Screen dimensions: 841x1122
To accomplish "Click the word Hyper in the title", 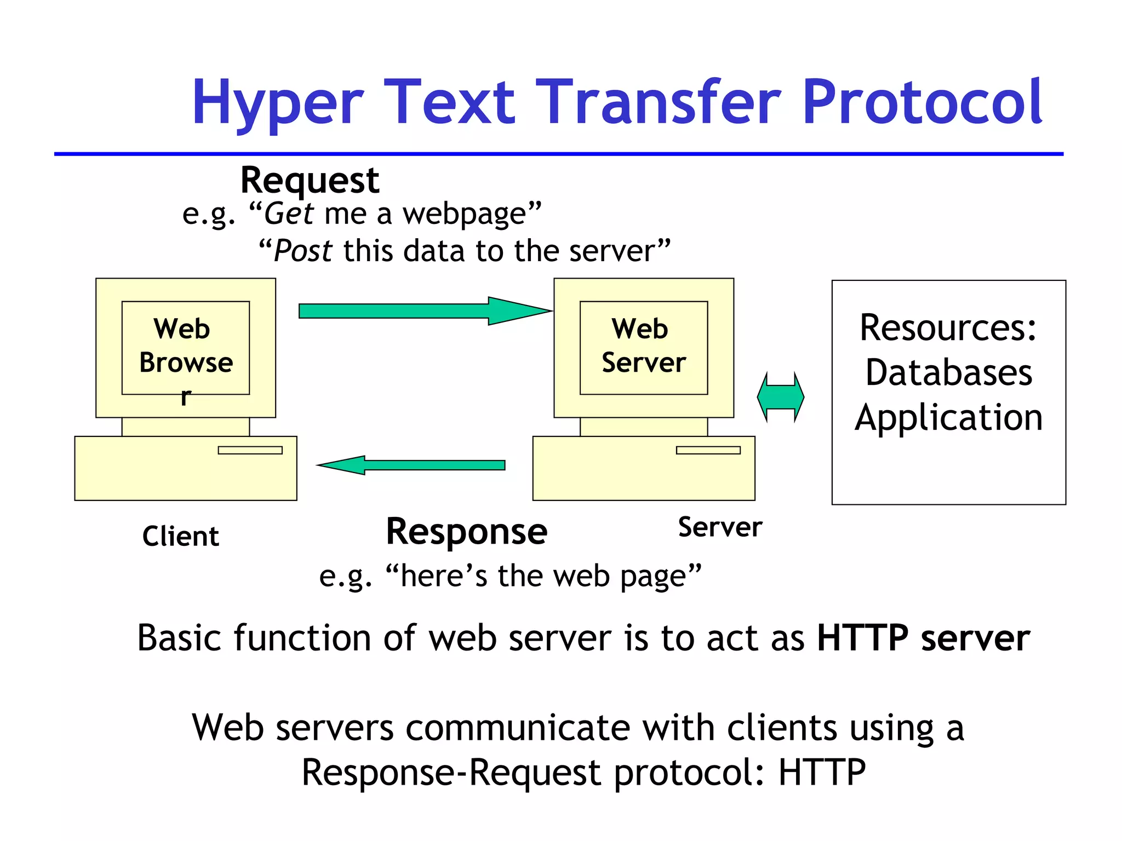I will coord(277,103).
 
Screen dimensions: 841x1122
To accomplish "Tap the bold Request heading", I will coord(310,180).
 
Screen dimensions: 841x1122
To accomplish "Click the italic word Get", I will coord(289,214).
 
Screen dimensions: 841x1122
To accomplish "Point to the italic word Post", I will coord(302,251).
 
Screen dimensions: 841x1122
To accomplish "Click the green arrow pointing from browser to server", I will coord(425,311).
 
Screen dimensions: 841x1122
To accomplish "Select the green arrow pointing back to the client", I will coord(411,465).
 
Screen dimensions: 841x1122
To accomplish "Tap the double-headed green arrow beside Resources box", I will coord(780,397).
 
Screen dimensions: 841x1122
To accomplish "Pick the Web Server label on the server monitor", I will coord(643,346).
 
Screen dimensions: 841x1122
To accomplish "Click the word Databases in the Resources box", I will coord(948,373).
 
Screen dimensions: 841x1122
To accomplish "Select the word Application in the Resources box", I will coord(948,418).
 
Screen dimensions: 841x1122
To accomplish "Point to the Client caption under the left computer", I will coord(180,536).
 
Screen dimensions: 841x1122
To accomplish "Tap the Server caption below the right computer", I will coord(720,527).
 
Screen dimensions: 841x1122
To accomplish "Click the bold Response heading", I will coord(466,532).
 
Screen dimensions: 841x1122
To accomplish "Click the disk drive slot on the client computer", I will coord(250,450).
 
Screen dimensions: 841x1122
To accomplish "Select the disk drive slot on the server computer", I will coord(708,450).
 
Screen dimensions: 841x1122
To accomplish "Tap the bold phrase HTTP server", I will coord(923,638).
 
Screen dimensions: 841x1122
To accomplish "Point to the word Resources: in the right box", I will coord(948,328).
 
